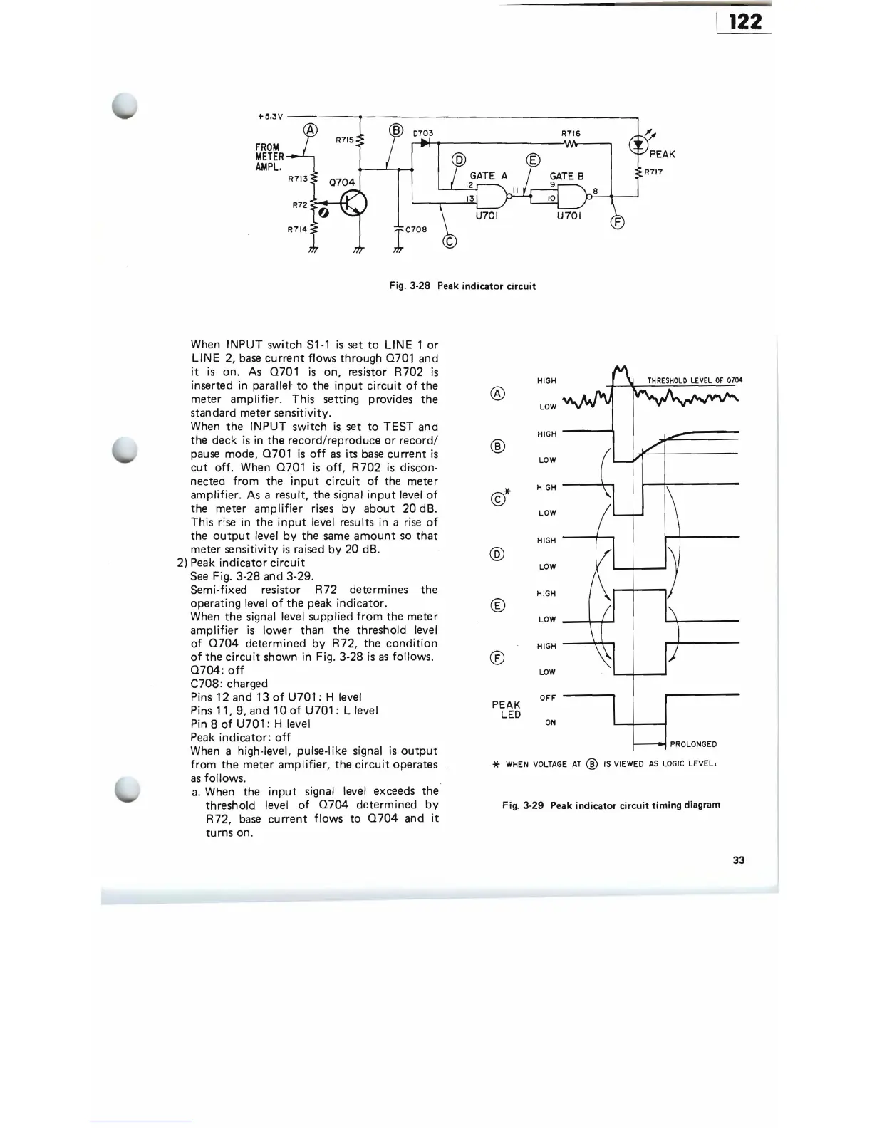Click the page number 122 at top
click(x=745, y=21)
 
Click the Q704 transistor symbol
click(x=353, y=204)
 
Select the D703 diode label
click(x=423, y=133)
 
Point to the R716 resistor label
click(x=571, y=133)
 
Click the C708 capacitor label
click(x=415, y=230)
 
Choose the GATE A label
click(x=488, y=176)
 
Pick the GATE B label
click(x=566, y=176)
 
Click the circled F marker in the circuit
click(x=618, y=222)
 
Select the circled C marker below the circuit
click(x=450, y=241)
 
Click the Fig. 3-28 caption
click(x=462, y=286)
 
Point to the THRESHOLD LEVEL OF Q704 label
click(x=694, y=380)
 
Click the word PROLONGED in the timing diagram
click(x=693, y=744)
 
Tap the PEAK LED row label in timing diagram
click(x=507, y=710)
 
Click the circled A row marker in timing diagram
click(x=499, y=393)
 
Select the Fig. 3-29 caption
click(x=611, y=805)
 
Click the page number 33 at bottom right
click(x=738, y=860)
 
